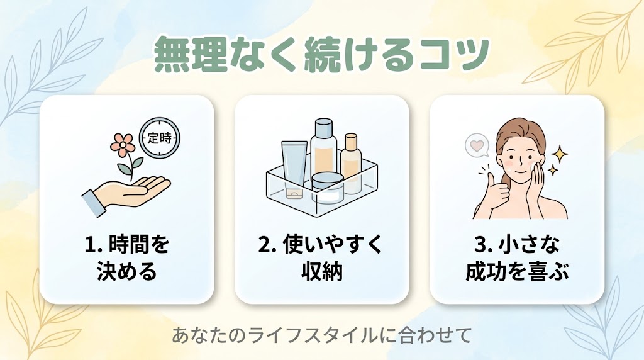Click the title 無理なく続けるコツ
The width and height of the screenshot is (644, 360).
(x=321, y=54)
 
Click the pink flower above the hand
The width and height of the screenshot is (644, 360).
(x=123, y=145)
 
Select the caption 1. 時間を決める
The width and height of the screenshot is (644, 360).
(x=127, y=257)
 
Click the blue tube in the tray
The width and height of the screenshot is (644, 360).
(x=294, y=169)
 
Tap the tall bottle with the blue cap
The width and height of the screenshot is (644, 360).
(x=324, y=150)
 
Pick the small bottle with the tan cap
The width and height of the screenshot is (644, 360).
(x=351, y=163)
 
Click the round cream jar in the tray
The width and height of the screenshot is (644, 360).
(x=327, y=188)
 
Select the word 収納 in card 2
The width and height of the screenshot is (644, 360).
(x=321, y=272)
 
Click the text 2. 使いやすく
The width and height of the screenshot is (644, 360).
(x=321, y=245)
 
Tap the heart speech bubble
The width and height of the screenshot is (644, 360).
(x=477, y=146)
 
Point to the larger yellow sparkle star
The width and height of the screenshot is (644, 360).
(x=559, y=155)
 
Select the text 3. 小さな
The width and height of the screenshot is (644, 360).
(x=516, y=245)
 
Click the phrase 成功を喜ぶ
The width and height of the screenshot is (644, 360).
(x=517, y=272)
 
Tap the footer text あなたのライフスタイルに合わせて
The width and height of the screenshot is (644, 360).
(x=321, y=335)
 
